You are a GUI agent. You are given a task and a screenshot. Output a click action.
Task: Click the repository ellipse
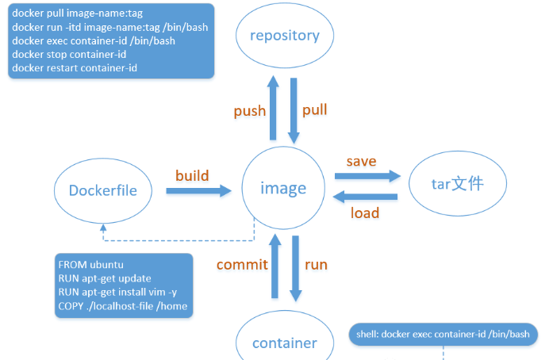[283, 36]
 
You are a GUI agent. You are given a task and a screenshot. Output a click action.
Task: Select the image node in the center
[283, 189]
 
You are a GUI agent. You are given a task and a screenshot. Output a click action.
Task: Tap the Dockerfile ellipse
[102, 190]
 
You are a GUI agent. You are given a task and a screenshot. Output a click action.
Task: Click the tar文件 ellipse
[457, 184]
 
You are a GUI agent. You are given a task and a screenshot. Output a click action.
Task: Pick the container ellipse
[284, 343]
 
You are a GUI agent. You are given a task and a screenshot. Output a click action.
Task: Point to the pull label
[314, 109]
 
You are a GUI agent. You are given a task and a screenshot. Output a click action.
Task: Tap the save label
[361, 161]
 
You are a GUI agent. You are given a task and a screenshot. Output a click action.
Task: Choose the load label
[365, 213]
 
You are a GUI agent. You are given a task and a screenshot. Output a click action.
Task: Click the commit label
[242, 265]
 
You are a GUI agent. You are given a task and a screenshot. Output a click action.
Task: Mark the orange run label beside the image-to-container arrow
[315, 264]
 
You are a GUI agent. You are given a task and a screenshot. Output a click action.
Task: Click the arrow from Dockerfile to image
[198, 190]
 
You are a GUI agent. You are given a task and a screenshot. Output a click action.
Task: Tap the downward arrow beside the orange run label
[296, 268]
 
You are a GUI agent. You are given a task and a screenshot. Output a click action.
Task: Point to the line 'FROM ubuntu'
[90, 264]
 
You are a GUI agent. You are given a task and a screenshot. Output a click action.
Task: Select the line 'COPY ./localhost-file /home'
[125, 307]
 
